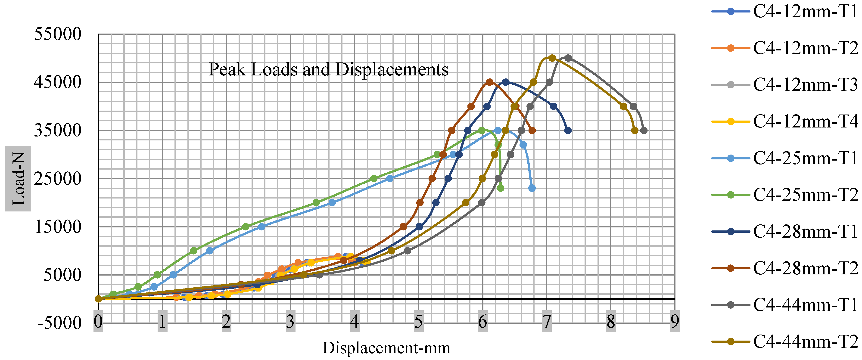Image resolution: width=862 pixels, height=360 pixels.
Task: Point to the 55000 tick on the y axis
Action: click(58, 34)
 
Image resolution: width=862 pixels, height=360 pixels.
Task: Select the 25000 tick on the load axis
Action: click(58, 179)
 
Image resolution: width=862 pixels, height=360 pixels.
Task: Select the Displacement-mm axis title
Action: click(386, 348)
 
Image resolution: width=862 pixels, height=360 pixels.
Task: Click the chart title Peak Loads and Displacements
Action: click(328, 69)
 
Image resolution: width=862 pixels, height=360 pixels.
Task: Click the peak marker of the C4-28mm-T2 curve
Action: click(490, 82)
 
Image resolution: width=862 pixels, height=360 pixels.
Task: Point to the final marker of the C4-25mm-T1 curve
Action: click(532, 188)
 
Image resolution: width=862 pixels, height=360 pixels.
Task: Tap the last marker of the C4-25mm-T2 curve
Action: click(501, 188)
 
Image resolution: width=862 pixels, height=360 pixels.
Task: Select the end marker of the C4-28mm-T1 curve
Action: click(568, 130)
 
